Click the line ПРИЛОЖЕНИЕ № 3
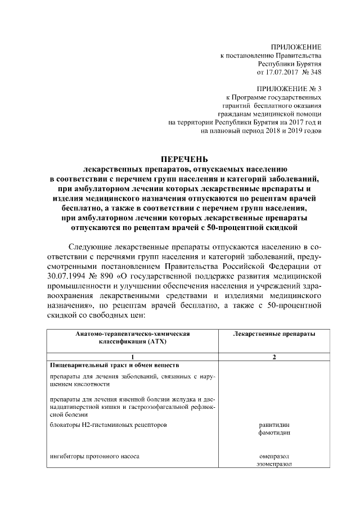[x=289, y=89]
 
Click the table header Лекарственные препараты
[x=273, y=334]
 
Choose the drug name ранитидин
[x=274, y=425]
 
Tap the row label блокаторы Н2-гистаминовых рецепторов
[x=108, y=425]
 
